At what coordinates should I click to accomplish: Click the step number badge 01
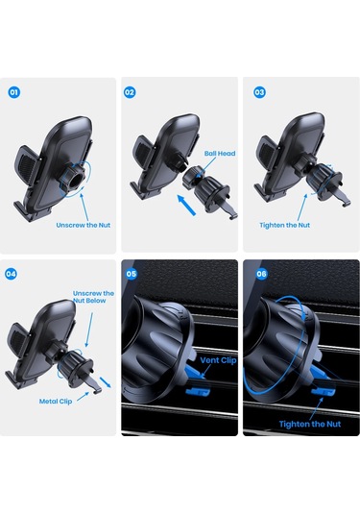(14, 92)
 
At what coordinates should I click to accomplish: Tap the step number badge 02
(130, 92)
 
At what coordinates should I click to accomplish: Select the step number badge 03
(259, 92)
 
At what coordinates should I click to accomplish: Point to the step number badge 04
(11, 274)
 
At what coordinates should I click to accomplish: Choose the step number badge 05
(132, 274)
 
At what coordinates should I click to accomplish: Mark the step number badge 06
(261, 274)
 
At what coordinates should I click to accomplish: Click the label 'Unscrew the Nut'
(84, 225)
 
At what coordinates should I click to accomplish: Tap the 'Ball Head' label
(220, 153)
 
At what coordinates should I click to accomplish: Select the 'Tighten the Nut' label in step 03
(285, 225)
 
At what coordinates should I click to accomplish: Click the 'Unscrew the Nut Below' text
(93, 297)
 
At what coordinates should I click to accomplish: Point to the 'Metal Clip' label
(56, 402)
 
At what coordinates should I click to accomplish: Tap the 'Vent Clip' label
(218, 360)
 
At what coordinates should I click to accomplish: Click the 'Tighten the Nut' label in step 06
(310, 424)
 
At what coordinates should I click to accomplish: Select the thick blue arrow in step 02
(186, 205)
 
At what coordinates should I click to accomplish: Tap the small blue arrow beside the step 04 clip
(106, 382)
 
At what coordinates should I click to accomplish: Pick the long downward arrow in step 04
(89, 330)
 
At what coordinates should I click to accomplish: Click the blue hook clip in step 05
(198, 391)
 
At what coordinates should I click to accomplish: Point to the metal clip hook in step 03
(344, 199)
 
